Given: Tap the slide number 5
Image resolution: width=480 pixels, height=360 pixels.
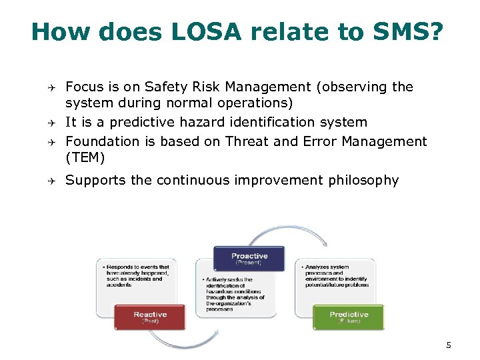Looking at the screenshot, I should point(449,345).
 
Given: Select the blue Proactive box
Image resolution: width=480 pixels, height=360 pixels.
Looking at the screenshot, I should point(249,258).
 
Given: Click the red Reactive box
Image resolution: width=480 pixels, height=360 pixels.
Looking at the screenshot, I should point(150,317).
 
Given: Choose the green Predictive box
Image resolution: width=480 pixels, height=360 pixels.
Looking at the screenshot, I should point(349,317).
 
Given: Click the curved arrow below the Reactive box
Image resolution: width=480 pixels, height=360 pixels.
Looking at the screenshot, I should point(177,341).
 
